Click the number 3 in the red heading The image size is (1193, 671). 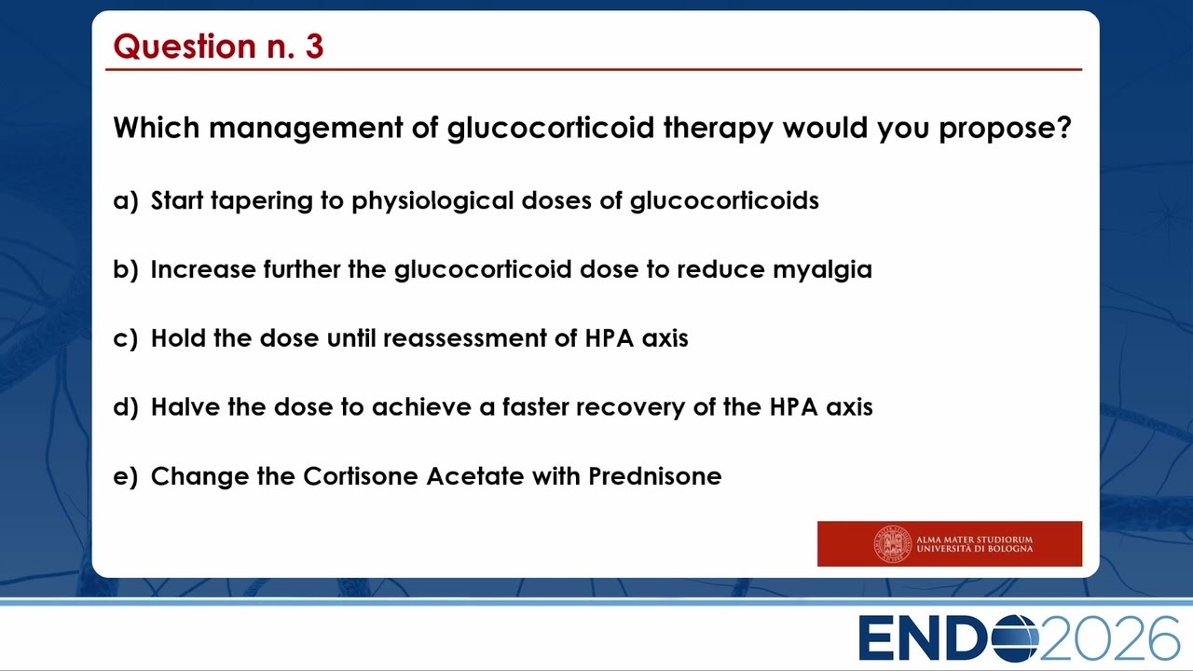[x=314, y=46]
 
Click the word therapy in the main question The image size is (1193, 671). [x=718, y=129]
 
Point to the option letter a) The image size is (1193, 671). [x=126, y=201]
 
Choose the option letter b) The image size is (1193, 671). [x=126, y=269]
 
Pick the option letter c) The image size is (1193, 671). [x=126, y=338]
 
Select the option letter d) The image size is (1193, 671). [x=126, y=407]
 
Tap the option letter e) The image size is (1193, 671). [x=126, y=476]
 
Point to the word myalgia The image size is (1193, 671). [x=822, y=270]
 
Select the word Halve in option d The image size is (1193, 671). [x=185, y=407]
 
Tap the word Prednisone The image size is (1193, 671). [x=655, y=476]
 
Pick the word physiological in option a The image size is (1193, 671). [x=432, y=202]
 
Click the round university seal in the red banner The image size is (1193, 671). [x=892, y=543]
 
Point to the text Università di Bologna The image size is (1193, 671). [x=975, y=549]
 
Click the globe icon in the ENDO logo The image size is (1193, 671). [x=1015, y=638]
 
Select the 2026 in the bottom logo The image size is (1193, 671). [x=1109, y=638]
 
